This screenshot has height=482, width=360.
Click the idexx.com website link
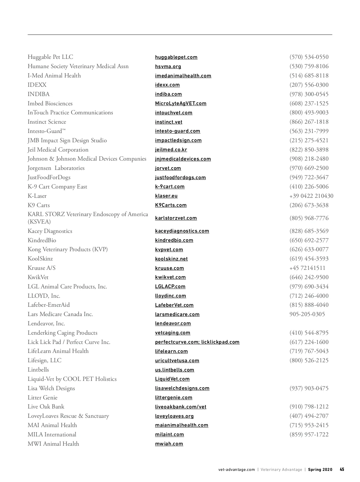[167, 85]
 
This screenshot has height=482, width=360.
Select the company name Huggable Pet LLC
[50, 57]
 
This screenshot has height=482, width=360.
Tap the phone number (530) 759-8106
[309, 66]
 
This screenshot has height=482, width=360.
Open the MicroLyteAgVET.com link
[181, 104]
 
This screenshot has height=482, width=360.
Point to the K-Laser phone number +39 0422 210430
[311, 196]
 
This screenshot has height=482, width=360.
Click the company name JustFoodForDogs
[49, 177]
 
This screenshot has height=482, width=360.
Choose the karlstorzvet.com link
[176, 218]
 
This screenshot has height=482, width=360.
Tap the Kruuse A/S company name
[41, 268]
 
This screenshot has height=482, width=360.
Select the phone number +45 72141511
[307, 268]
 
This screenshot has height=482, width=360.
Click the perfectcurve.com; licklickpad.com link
[197, 342]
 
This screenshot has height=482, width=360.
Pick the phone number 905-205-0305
[307, 314]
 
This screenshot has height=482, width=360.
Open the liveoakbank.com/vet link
[181, 407]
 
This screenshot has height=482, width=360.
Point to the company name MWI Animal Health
[53, 444]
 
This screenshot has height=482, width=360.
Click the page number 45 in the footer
[342, 470]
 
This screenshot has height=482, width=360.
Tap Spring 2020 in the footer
[320, 470]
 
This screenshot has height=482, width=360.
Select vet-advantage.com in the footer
[236, 470]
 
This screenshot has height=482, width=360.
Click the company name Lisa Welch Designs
[51, 388]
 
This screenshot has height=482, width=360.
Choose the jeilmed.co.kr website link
[171, 150]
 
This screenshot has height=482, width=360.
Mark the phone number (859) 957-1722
[309, 435]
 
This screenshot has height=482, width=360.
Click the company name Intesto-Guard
[46, 131]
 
